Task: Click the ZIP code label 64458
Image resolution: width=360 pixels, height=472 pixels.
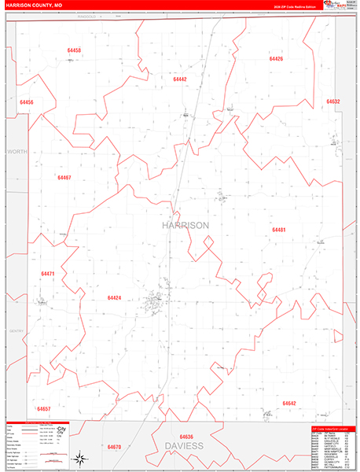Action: click(x=75, y=50)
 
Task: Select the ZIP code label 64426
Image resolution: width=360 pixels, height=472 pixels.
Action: click(x=276, y=59)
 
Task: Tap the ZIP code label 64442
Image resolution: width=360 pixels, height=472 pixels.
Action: click(x=180, y=79)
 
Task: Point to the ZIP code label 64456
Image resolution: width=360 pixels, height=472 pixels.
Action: click(x=27, y=103)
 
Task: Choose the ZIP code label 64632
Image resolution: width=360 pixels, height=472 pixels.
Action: click(x=332, y=101)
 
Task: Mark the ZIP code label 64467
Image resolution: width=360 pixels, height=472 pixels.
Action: click(x=64, y=178)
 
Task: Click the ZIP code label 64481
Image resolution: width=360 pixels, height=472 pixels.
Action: click(x=279, y=230)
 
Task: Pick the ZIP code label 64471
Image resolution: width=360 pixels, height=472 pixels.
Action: click(x=48, y=274)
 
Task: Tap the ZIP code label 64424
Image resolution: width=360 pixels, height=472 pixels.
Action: click(x=114, y=298)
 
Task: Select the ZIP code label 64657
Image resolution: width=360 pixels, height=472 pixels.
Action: click(x=43, y=409)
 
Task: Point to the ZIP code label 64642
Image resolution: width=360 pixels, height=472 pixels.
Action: click(x=289, y=404)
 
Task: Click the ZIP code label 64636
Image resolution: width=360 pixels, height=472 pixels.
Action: click(x=186, y=437)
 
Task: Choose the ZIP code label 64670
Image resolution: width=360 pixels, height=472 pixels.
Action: click(x=115, y=447)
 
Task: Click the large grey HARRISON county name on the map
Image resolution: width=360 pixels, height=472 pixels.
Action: click(x=186, y=225)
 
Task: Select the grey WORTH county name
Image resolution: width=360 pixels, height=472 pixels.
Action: click(x=17, y=150)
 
